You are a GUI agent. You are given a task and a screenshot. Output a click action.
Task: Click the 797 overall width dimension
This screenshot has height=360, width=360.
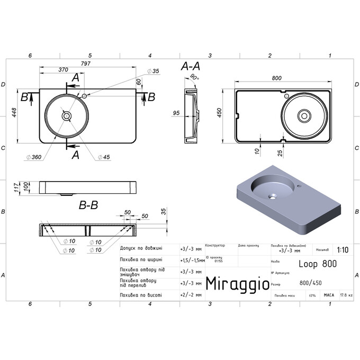(x=86, y=64)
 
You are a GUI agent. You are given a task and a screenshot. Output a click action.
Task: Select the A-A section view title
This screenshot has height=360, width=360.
(x=190, y=66)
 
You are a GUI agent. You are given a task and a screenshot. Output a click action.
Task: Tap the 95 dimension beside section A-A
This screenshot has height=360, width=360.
(x=177, y=113)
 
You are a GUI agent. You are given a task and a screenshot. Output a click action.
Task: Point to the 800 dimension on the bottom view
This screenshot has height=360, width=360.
(x=276, y=78)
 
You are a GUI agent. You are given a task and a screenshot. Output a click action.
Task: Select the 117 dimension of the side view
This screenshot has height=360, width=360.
(x=16, y=187)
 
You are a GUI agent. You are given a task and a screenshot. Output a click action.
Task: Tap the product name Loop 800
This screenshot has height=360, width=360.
(x=317, y=263)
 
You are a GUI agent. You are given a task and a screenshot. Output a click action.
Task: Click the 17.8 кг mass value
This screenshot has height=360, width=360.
(x=346, y=295)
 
